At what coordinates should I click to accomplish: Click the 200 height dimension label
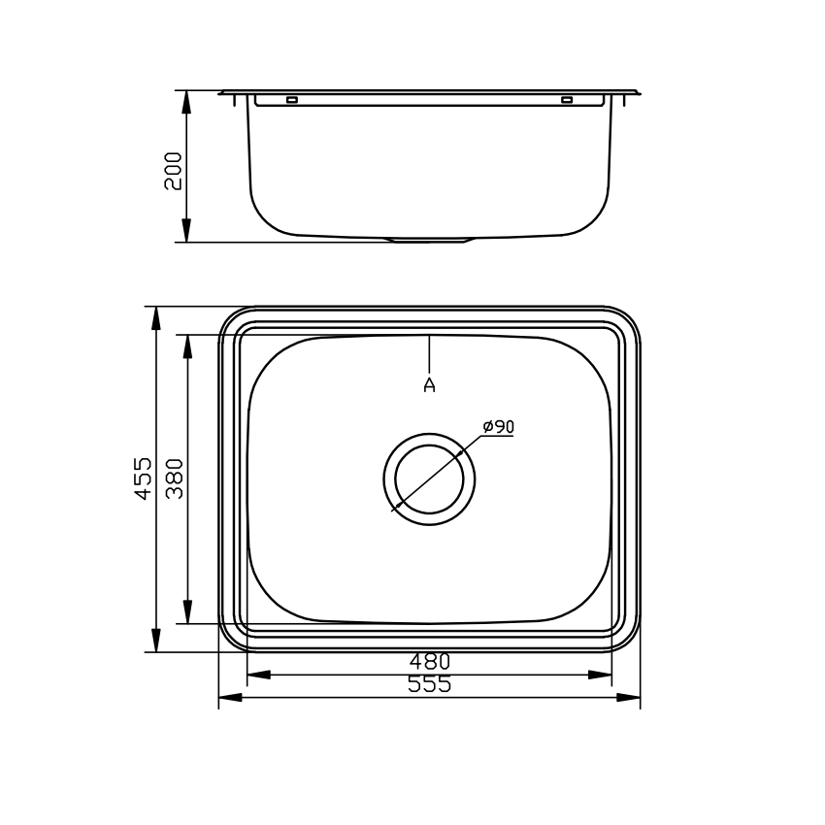173,170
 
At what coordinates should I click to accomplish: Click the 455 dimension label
143,478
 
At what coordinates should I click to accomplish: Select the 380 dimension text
176,478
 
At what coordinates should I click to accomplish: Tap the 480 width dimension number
430,661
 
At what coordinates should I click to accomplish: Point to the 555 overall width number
430,684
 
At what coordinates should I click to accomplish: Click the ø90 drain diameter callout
498,426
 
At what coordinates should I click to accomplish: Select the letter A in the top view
430,385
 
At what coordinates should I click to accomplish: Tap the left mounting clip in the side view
292,100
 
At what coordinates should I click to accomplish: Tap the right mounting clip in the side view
567,100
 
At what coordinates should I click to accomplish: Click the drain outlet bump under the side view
430,239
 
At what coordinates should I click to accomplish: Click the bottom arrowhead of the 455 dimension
155,642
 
